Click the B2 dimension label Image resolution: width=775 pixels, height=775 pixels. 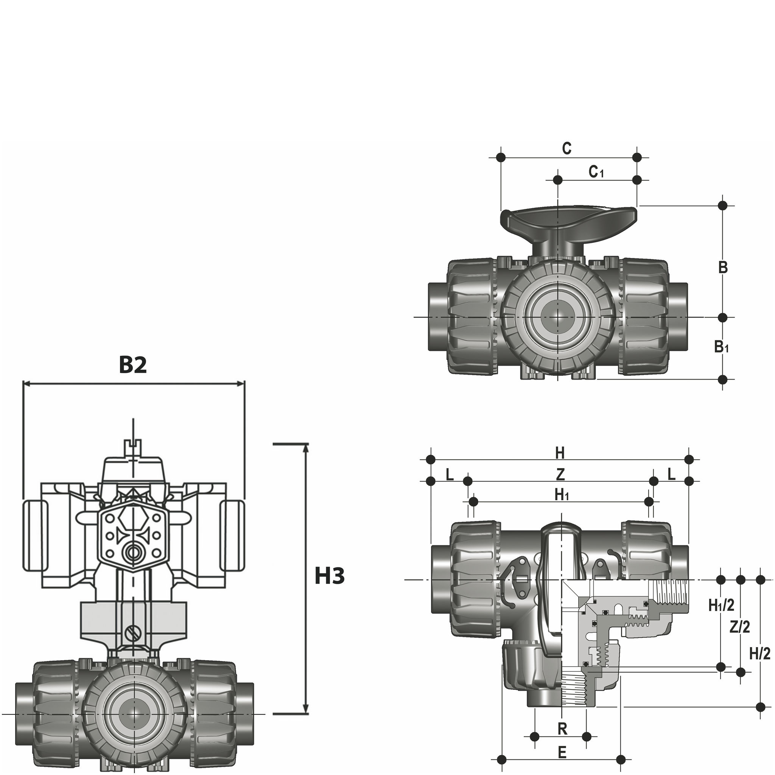point(133,365)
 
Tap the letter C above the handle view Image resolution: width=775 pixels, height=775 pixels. point(566,149)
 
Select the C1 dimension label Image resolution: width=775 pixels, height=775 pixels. point(596,172)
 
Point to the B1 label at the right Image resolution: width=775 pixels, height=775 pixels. point(721,347)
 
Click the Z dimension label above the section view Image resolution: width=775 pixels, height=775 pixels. point(560,475)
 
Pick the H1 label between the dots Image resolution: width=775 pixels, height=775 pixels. point(562,495)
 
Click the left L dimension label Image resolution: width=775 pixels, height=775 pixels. point(449,475)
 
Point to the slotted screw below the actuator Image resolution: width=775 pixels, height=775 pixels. point(134,633)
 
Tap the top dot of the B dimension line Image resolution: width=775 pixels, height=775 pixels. point(722,206)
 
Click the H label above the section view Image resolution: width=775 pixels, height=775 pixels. point(560,453)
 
